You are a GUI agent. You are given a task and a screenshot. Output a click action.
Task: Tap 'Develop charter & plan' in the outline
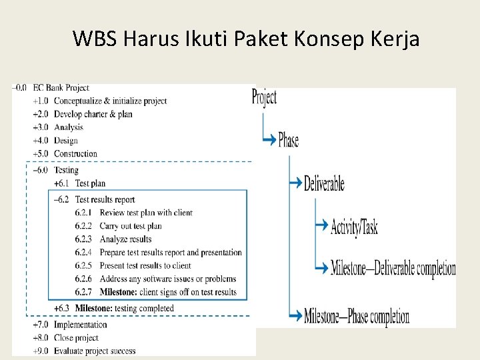[x=93, y=114]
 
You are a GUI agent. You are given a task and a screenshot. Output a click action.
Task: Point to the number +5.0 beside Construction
[x=40, y=154]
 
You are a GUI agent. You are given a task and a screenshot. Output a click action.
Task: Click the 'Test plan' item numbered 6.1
[x=90, y=183]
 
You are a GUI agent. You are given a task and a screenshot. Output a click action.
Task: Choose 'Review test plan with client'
[x=145, y=213]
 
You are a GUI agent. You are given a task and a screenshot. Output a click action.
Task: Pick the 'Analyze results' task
[x=125, y=239]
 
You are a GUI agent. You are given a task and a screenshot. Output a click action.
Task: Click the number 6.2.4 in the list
[x=84, y=253]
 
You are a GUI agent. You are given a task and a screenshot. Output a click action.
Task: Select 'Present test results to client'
[x=145, y=265]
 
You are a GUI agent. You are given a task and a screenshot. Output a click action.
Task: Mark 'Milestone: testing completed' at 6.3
[x=124, y=309]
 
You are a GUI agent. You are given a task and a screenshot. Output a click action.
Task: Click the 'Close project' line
[x=75, y=338]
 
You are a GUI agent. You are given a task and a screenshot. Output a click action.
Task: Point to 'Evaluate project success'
[x=94, y=351]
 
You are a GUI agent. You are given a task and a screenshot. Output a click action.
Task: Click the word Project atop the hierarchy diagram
[x=264, y=98]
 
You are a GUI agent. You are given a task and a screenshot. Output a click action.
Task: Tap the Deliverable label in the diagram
[x=324, y=183]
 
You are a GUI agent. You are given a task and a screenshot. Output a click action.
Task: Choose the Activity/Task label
[x=354, y=227]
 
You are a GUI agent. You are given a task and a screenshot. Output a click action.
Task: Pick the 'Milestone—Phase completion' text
[x=357, y=315]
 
